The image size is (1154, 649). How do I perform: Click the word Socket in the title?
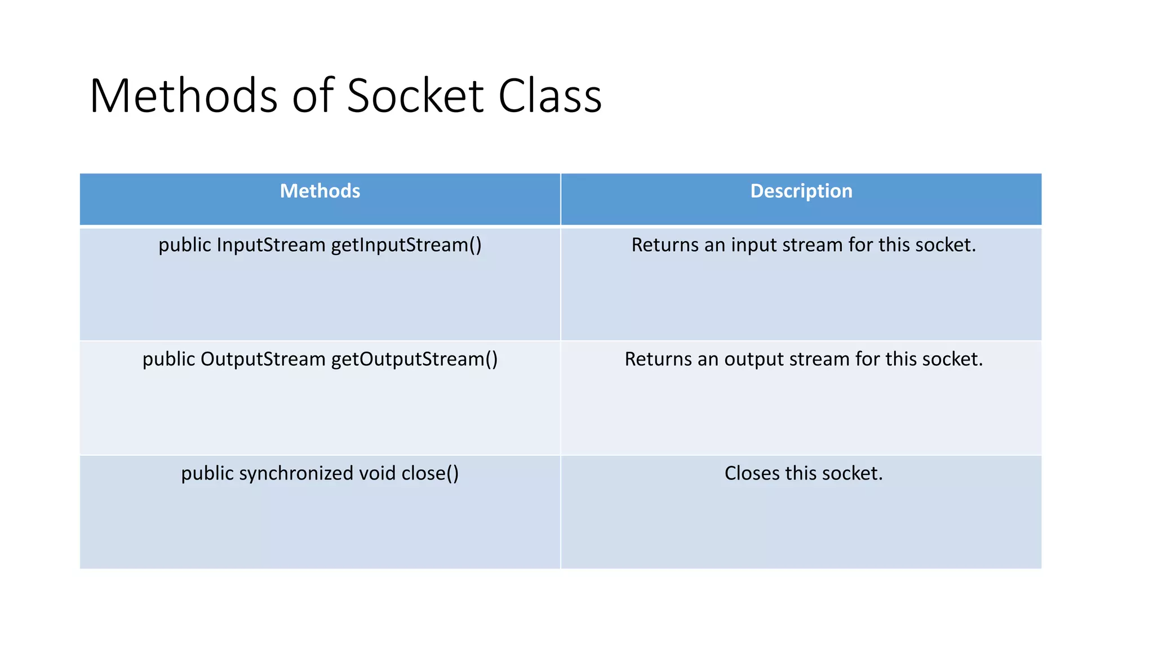coord(415,96)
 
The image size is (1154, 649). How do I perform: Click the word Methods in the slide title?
coord(184,96)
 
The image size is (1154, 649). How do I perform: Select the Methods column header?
coord(320,191)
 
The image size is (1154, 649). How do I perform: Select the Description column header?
coord(801,191)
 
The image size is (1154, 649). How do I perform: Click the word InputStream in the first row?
coord(271,245)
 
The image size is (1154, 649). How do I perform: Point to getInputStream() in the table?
coord(406,245)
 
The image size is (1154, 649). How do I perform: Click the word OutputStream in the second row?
coord(263,359)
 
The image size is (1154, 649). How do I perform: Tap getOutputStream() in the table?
coord(414,359)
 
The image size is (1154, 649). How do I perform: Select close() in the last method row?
coord(430,473)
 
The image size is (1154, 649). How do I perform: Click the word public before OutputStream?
coord(168,359)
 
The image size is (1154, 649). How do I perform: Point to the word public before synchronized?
coord(207,473)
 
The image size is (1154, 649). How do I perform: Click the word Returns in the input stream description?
coord(664,245)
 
